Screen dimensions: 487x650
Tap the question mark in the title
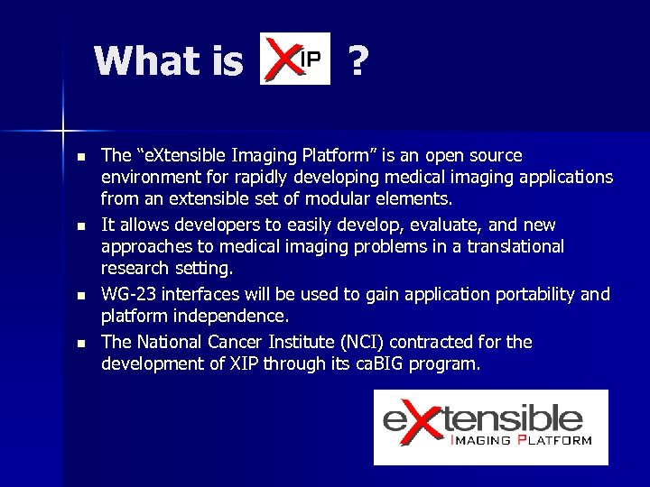point(358,61)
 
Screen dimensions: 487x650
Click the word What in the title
point(144,61)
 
